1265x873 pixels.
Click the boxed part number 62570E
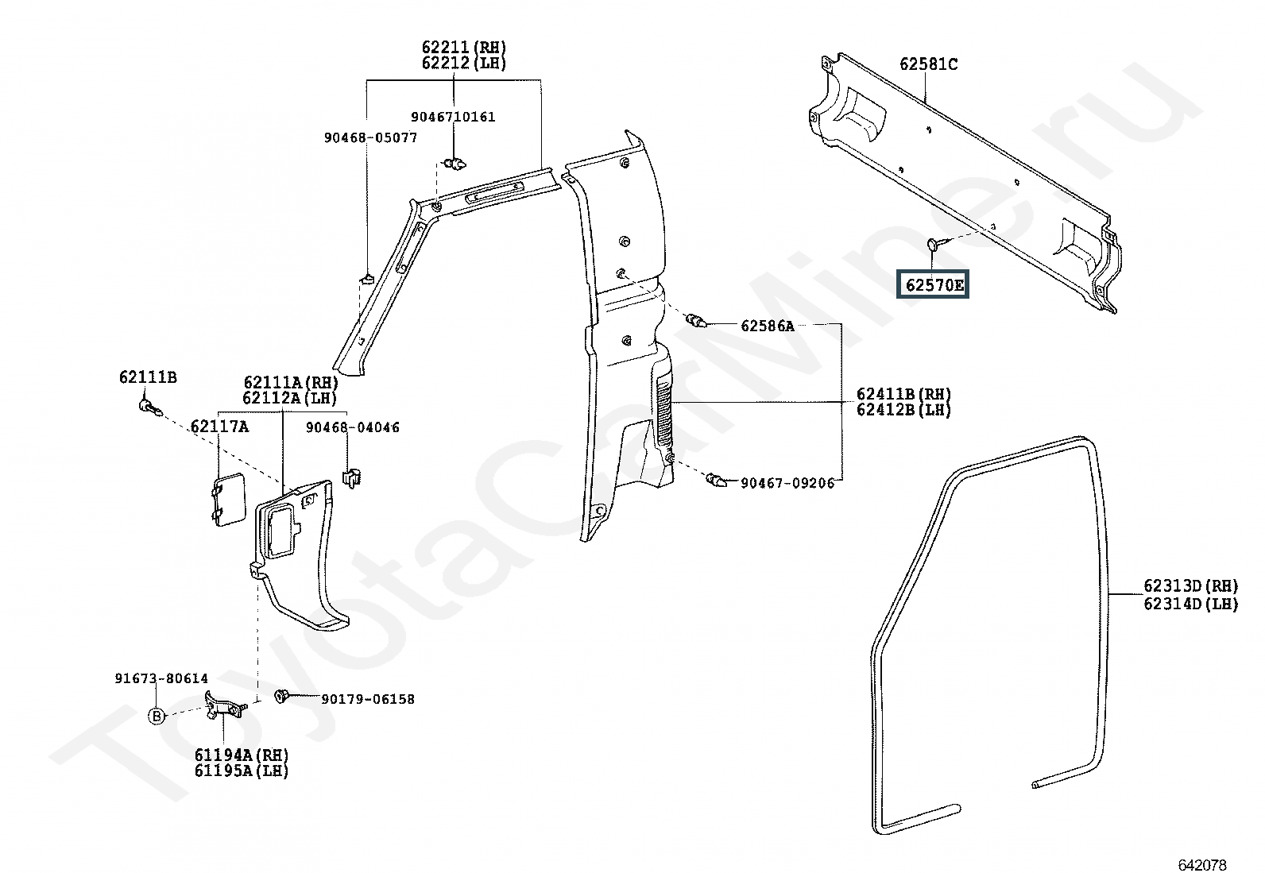(x=933, y=285)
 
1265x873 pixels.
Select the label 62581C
(x=928, y=64)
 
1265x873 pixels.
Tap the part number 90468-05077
(x=370, y=137)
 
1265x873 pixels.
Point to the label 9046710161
(x=453, y=117)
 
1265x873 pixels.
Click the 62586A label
(x=768, y=326)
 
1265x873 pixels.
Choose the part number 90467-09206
(x=787, y=483)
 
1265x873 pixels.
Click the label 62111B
(x=148, y=377)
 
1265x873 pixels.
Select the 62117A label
(x=219, y=427)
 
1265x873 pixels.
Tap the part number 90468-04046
(x=352, y=427)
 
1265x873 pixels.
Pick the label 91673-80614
(x=161, y=678)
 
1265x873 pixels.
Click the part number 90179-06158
(x=368, y=699)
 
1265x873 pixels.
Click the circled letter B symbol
(x=156, y=717)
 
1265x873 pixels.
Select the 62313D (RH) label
(x=1191, y=585)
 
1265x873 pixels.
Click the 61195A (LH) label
(x=241, y=771)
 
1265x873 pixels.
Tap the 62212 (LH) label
(x=463, y=63)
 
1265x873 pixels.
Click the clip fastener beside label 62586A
(x=696, y=321)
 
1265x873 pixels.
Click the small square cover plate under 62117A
(x=229, y=500)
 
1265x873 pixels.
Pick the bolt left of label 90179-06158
(x=282, y=696)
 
